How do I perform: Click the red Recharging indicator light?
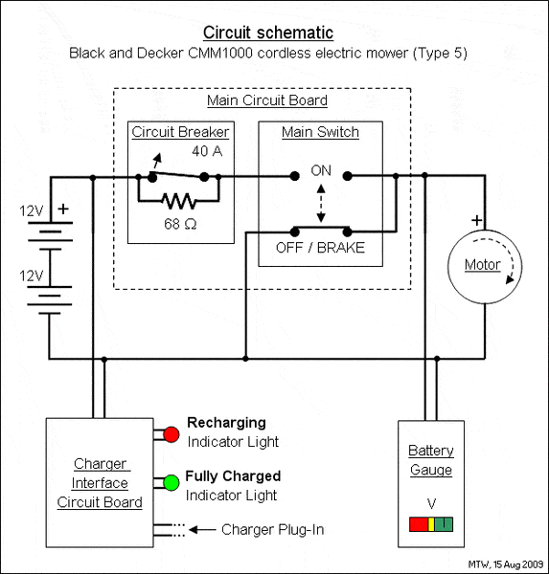(x=172, y=434)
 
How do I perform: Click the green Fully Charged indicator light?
(x=172, y=482)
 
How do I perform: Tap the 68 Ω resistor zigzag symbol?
(x=179, y=201)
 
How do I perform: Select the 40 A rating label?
(x=207, y=151)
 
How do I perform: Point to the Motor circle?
(x=448, y=267)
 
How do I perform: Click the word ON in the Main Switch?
(x=321, y=170)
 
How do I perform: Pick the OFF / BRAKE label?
(x=320, y=248)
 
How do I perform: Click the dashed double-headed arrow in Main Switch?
(x=321, y=204)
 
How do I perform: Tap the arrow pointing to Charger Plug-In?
(x=202, y=530)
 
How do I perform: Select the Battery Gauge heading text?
(x=431, y=460)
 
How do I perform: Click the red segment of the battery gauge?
(x=419, y=524)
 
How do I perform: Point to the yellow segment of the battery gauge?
(x=431, y=524)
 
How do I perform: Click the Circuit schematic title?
(x=268, y=33)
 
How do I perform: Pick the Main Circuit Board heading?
(x=267, y=100)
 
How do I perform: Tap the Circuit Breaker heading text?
(x=180, y=132)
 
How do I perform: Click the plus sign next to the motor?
(x=476, y=220)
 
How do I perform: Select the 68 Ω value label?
(x=180, y=224)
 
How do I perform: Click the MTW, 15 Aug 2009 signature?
(x=506, y=564)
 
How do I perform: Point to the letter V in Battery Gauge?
(x=431, y=504)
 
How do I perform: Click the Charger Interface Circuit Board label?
(x=100, y=483)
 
